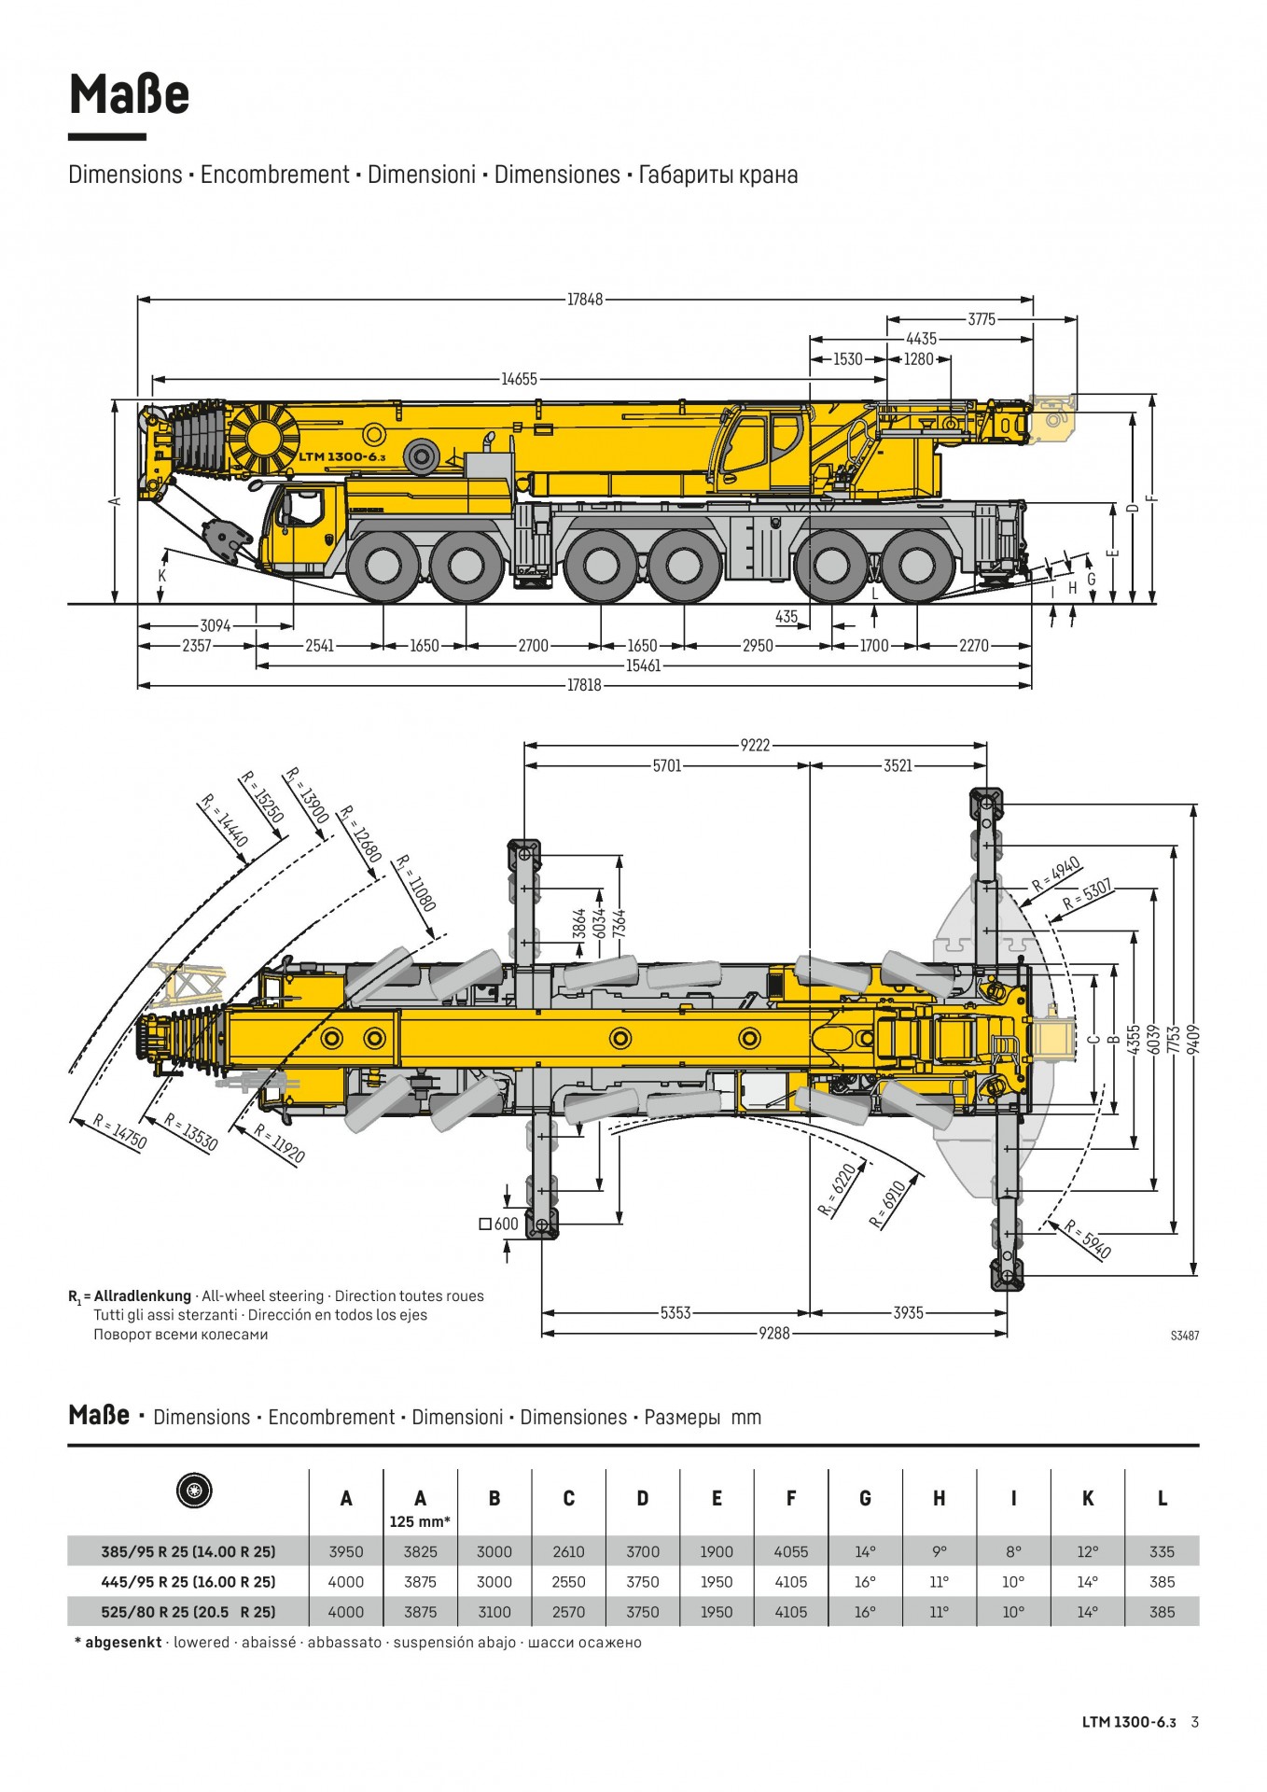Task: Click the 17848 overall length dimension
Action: tap(585, 300)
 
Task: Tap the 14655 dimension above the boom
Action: tap(519, 379)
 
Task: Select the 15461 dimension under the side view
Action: tap(643, 665)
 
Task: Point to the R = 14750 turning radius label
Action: tap(120, 1132)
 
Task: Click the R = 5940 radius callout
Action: tap(1088, 1239)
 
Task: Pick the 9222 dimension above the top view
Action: tap(755, 745)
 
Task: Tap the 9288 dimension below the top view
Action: tap(773, 1333)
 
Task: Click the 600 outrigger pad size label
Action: tap(506, 1224)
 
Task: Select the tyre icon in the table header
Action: tap(194, 1491)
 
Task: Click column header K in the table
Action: tap(1088, 1498)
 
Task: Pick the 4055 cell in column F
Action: tap(790, 1552)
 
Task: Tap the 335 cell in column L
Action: tap(1162, 1552)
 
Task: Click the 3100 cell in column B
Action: tap(494, 1612)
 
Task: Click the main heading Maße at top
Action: tap(130, 94)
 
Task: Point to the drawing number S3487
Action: tap(1184, 1336)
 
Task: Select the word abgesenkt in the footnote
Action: tap(123, 1643)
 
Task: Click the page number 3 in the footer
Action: tap(1195, 1722)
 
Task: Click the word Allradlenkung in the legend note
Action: tap(142, 1295)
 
